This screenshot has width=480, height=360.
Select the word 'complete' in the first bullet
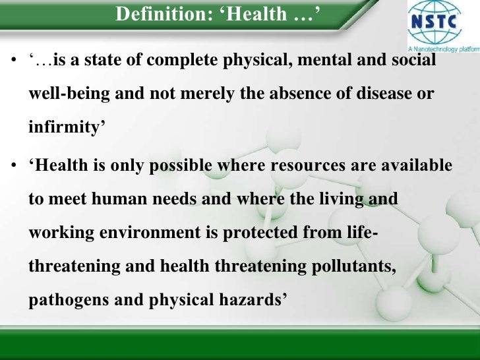(x=182, y=61)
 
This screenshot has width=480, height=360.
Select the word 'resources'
(x=303, y=165)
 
